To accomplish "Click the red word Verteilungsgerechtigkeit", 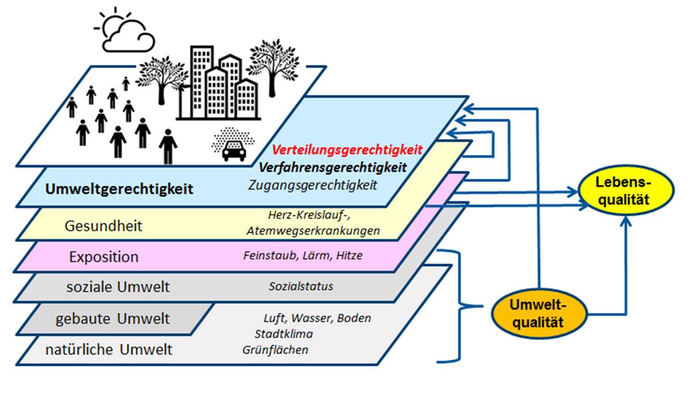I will click(347, 150).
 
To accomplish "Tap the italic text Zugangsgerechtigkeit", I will click(312, 185).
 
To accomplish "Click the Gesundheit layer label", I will click(104, 226).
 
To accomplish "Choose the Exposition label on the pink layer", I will click(104, 257).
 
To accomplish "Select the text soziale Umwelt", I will click(118, 287).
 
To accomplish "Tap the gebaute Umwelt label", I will click(112, 319).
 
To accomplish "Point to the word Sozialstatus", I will click(301, 286).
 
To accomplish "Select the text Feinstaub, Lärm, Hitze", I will click(302, 256).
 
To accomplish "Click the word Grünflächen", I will click(275, 349).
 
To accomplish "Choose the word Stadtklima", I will click(284, 334).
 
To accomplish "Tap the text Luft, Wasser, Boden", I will click(317, 318).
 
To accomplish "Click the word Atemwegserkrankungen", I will click(313, 231).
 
